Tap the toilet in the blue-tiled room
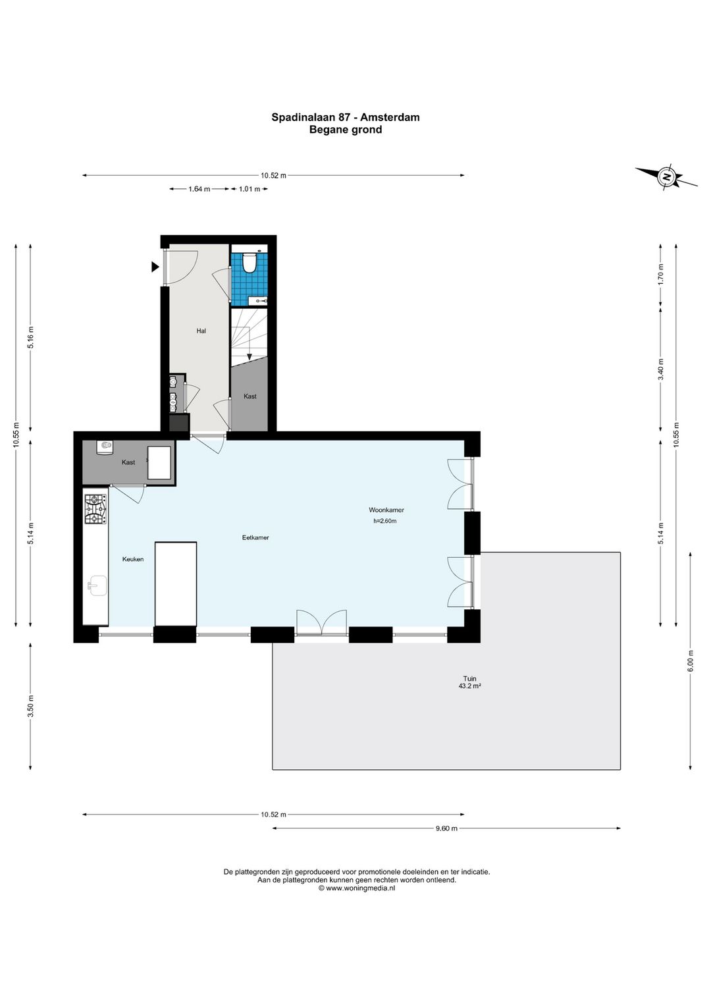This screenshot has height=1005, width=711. click(248, 262)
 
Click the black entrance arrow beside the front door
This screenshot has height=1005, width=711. click(155, 267)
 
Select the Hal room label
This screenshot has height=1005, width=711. click(201, 331)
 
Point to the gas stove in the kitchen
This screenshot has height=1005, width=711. click(96, 509)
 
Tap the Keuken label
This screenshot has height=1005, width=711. click(133, 559)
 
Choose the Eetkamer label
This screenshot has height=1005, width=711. click(255, 537)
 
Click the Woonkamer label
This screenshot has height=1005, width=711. click(386, 510)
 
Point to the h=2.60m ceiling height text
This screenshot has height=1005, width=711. click(385, 521)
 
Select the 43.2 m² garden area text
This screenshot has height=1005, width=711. click(469, 686)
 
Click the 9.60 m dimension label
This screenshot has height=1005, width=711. click(446, 828)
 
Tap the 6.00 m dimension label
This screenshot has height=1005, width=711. click(691, 661)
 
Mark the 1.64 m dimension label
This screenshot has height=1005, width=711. click(199, 189)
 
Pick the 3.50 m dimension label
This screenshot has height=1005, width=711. click(30, 706)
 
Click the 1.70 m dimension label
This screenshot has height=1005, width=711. click(660, 275)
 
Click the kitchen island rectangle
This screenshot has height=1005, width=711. click(175, 584)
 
